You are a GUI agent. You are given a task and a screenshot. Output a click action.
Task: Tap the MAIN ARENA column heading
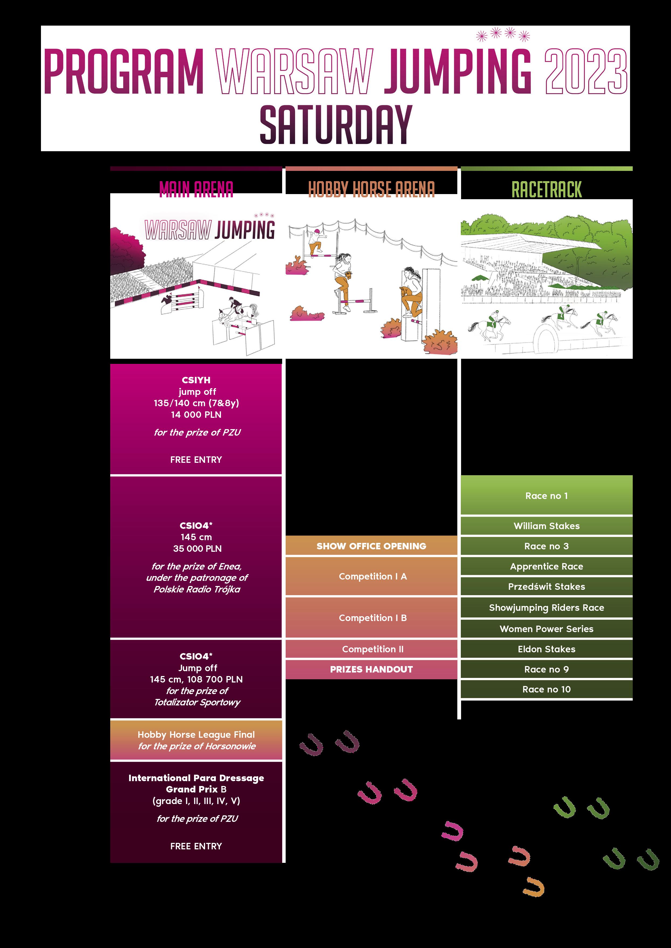196,189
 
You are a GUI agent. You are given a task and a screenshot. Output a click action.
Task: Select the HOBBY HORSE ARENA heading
371,189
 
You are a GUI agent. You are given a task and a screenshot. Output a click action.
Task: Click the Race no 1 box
546,495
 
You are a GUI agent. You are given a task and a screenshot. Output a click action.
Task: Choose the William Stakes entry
546,526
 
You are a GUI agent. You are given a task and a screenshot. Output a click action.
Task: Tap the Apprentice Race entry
546,566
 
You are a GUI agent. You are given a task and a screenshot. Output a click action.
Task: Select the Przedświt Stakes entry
546,587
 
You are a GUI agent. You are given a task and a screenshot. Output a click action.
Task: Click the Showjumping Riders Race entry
546,608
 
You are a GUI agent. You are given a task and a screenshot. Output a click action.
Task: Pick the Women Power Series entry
546,629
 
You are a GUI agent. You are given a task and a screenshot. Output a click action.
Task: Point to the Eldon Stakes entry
546,649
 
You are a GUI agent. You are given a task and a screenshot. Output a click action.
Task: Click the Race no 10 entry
546,689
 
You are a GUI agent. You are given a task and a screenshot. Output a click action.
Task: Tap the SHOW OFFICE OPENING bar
371,546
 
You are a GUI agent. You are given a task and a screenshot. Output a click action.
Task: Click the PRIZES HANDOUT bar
371,669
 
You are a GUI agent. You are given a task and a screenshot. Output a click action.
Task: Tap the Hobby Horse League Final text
196,734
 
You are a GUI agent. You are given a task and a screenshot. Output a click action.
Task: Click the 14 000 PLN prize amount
196,415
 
